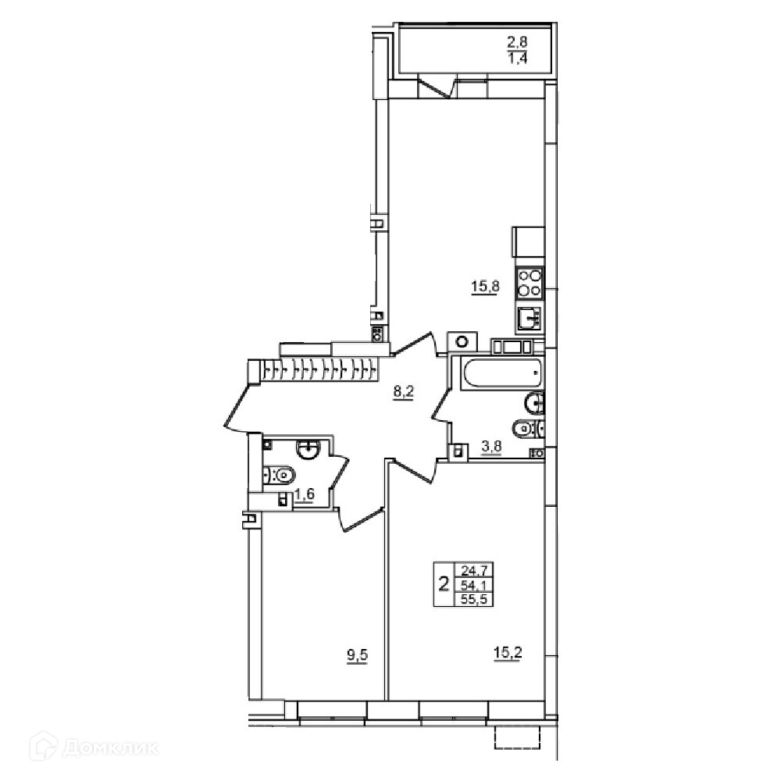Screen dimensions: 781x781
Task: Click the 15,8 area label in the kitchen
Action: click(x=485, y=287)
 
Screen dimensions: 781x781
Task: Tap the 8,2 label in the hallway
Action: click(x=404, y=391)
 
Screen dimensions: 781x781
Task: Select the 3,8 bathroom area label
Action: click(x=491, y=446)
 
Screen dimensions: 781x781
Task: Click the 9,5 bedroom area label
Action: click(x=357, y=655)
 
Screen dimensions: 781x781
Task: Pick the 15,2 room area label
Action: click(x=508, y=652)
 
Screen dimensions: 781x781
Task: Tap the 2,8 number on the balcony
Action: click(x=518, y=42)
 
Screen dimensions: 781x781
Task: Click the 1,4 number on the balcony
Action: click(x=518, y=59)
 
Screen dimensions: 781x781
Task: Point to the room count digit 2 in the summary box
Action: click(x=444, y=583)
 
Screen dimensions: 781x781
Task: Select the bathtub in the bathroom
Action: click(x=501, y=373)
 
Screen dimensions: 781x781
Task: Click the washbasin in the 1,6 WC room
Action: click(x=308, y=448)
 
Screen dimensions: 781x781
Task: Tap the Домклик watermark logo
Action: click(x=95, y=747)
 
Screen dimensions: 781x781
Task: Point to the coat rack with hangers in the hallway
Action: click(x=319, y=370)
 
